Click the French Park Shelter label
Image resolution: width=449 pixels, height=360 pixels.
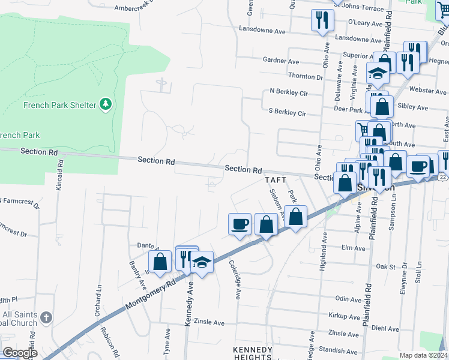pyautogui.click(x=59, y=105)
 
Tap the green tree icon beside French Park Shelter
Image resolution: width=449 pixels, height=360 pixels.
pyautogui.click(x=106, y=104)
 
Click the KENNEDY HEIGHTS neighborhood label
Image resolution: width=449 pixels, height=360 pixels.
pyautogui.click(x=252, y=353)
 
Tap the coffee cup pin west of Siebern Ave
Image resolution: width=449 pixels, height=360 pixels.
pyautogui.click(x=240, y=224)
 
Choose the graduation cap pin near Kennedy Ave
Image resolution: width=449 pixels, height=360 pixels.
pyautogui.click(x=202, y=262)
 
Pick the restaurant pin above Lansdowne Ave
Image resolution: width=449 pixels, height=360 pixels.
pyautogui.click(x=322, y=20)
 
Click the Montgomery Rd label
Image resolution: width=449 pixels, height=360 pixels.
pyautogui.click(x=151, y=294)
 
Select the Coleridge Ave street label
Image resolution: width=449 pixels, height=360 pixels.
pyautogui.click(x=235, y=280)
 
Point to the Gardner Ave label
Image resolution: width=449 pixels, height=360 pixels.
pyautogui.click(x=281, y=62)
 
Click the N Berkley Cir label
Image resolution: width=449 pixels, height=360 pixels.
pyautogui.click(x=289, y=93)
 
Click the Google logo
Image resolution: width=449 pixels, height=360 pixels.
pyautogui.click(x=19, y=353)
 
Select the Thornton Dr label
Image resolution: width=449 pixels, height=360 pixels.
pyautogui.click(x=306, y=77)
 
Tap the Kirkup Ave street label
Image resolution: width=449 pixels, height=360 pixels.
pyautogui.click(x=344, y=316)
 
